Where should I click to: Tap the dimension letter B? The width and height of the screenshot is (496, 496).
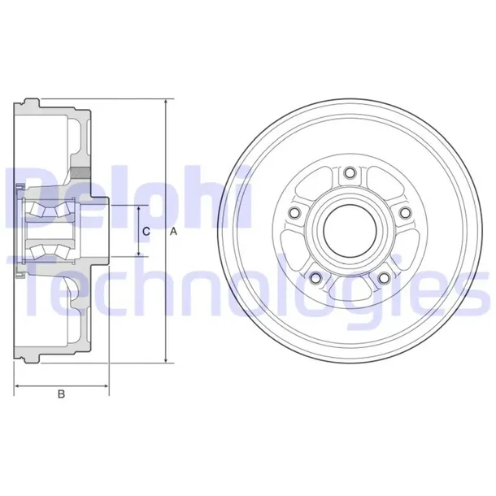tap(61, 395)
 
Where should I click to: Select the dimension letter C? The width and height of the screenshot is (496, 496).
tap(146, 232)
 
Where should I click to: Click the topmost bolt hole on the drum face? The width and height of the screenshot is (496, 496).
tap(350, 172)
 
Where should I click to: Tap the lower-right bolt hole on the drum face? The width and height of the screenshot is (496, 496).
tap(383, 276)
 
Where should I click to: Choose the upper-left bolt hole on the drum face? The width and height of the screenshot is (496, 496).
tap(296, 211)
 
